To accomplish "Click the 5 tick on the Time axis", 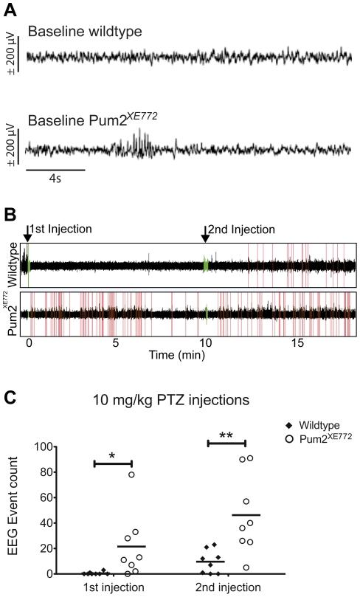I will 116,344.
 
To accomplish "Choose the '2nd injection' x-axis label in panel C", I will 228,587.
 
